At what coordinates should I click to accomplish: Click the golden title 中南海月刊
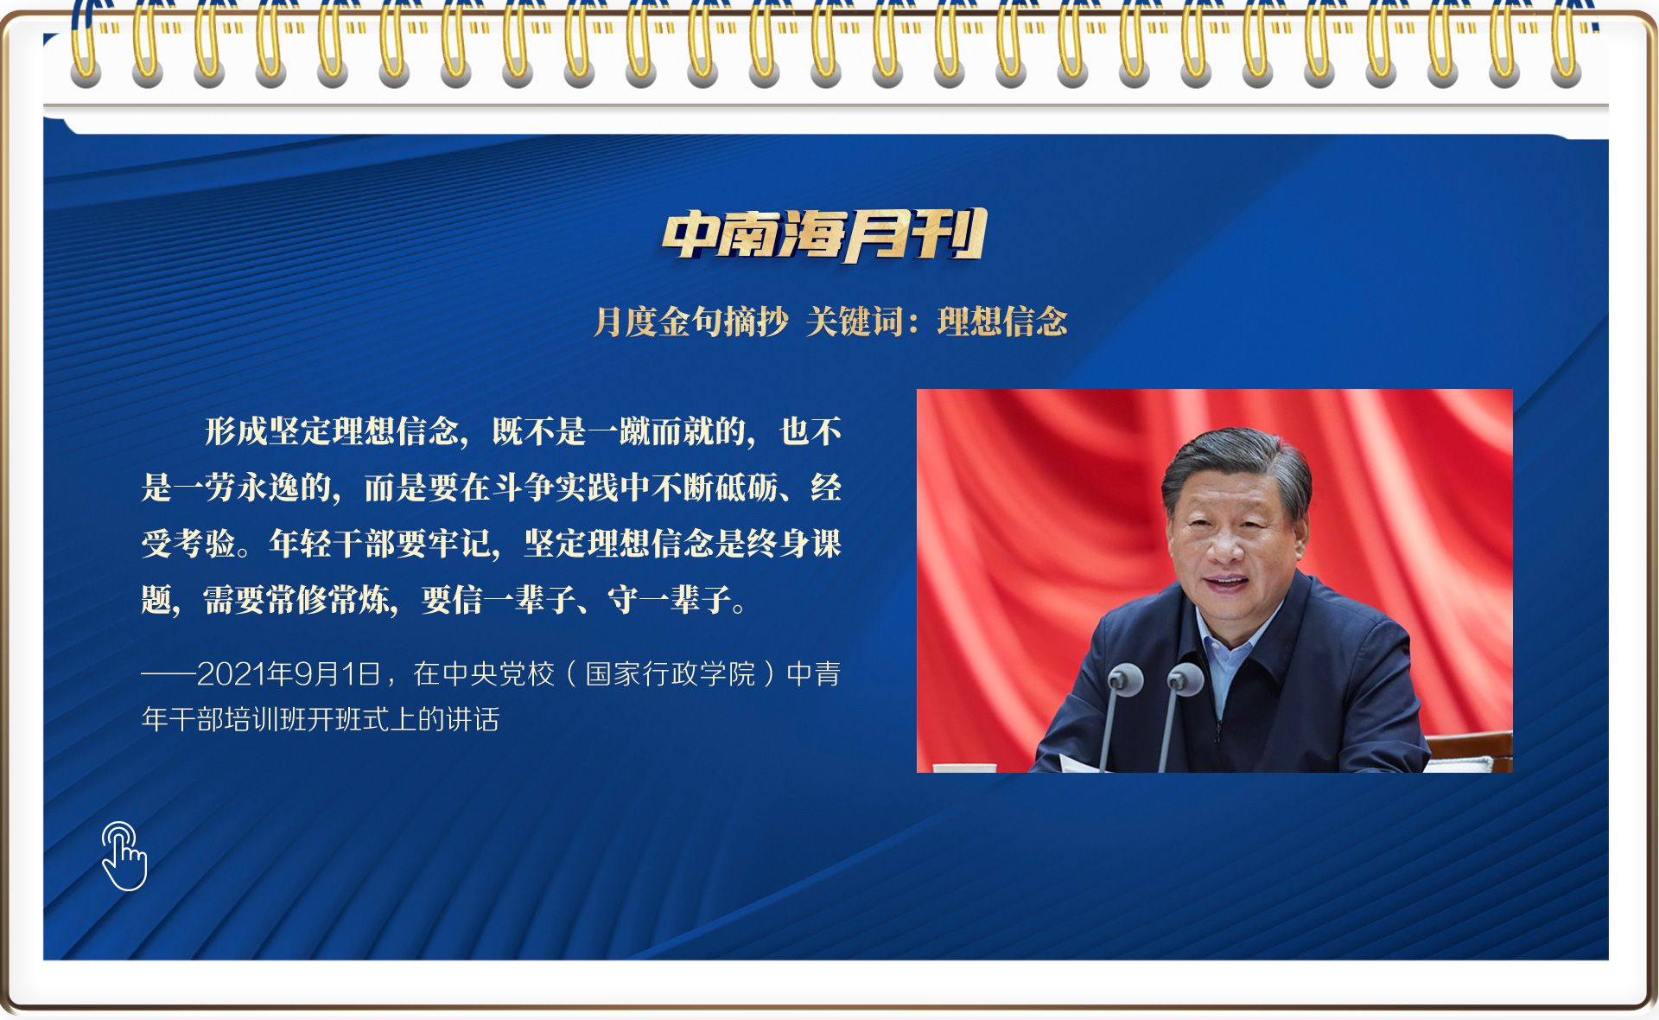pyautogui.click(x=824, y=234)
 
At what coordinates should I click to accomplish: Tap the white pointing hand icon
pyautogui.click(x=124, y=856)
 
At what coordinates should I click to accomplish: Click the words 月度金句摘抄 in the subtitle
pyautogui.click(x=691, y=322)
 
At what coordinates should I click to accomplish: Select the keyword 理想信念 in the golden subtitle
pyautogui.click(x=1002, y=322)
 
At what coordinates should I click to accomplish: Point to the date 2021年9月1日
pyautogui.click(x=289, y=674)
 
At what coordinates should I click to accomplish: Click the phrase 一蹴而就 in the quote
pyautogui.click(x=652, y=431)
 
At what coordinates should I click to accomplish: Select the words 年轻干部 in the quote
pyautogui.click(x=333, y=544)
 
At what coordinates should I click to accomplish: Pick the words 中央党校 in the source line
pyautogui.click(x=498, y=674)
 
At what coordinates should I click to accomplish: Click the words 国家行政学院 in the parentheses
pyautogui.click(x=671, y=674)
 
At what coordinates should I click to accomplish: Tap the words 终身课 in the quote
pyautogui.click(x=793, y=544)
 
